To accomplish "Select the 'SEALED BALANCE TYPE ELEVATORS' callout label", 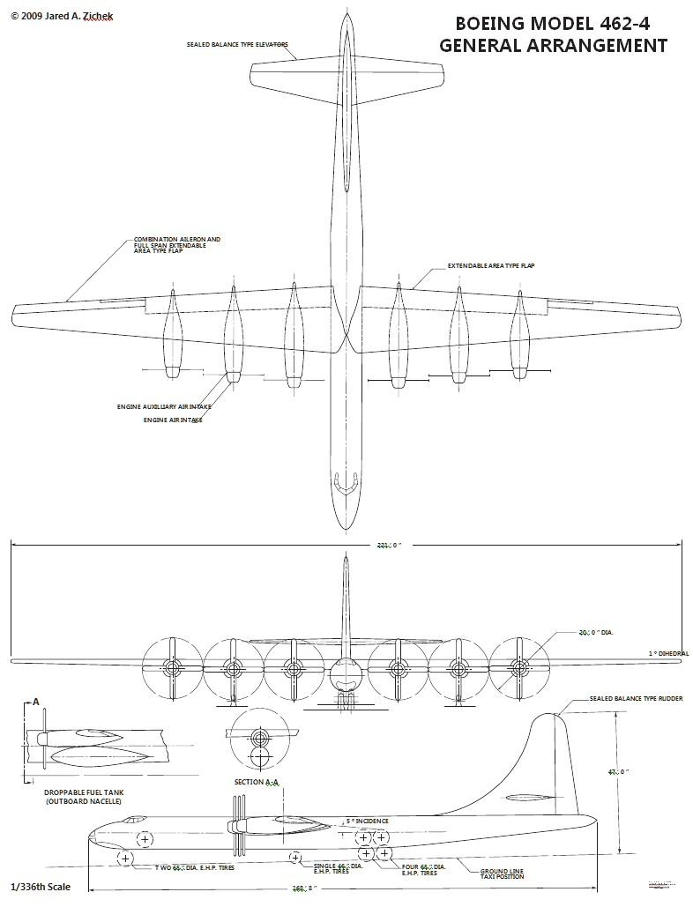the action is click(237, 44).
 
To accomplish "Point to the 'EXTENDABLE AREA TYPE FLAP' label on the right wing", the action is click(491, 265).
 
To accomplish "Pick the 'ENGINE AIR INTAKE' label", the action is click(173, 420).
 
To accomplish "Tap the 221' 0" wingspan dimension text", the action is click(389, 546).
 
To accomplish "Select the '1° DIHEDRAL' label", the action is click(668, 653).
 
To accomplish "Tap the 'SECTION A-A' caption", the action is click(257, 782).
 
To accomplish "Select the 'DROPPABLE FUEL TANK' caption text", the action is click(84, 792).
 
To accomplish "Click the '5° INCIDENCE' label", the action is click(367, 821).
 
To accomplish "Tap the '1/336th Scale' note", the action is click(41, 886).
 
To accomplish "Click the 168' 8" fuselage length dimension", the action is click(304, 888).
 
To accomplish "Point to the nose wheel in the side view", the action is click(125, 858).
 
